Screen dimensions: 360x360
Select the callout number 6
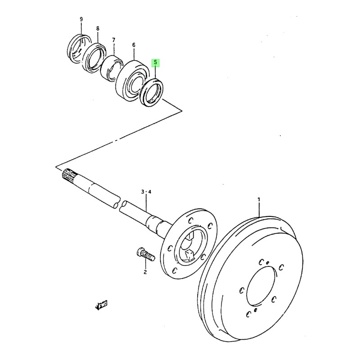tap(134, 45)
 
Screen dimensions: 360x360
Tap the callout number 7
tap(114, 40)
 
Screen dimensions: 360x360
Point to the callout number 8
tap(98, 29)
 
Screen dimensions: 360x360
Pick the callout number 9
tap(81, 19)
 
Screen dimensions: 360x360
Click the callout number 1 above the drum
tap(259, 199)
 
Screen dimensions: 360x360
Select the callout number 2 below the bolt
tap(145, 272)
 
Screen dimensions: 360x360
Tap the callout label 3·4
tap(146, 192)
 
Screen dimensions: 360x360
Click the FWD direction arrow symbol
tap(102, 306)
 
